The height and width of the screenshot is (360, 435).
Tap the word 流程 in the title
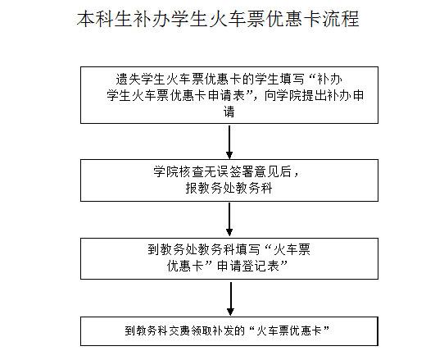point(341,19)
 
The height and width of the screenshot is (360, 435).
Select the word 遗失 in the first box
point(128,80)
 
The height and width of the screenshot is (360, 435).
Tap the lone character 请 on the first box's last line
point(229,112)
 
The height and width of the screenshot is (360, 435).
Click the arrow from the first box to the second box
point(229,142)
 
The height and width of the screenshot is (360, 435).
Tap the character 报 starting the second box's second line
point(192,188)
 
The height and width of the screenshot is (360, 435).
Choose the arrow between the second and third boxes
point(229,220)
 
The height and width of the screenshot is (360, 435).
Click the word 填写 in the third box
point(247,249)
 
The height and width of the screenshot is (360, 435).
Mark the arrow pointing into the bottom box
point(230,298)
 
